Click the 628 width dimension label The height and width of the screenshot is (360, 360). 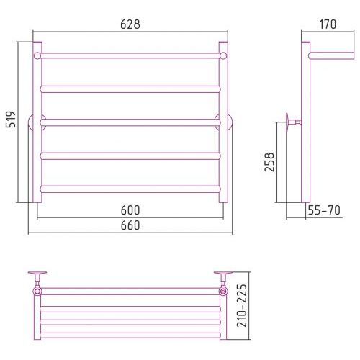[x=130, y=24]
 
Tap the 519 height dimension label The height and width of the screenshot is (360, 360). [x=11, y=120]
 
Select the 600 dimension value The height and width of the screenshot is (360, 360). [x=130, y=210]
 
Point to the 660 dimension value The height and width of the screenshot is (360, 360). [x=130, y=225]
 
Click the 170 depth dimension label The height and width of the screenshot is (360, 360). [x=328, y=24]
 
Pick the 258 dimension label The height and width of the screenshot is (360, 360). [x=269, y=162]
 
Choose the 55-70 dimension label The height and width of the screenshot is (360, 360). [x=324, y=210]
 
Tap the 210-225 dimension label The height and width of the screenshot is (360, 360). [x=242, y=305]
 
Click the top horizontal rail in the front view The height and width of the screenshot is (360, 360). [x=130, y=55]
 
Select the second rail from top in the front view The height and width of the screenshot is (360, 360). [x=130, y=89]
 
